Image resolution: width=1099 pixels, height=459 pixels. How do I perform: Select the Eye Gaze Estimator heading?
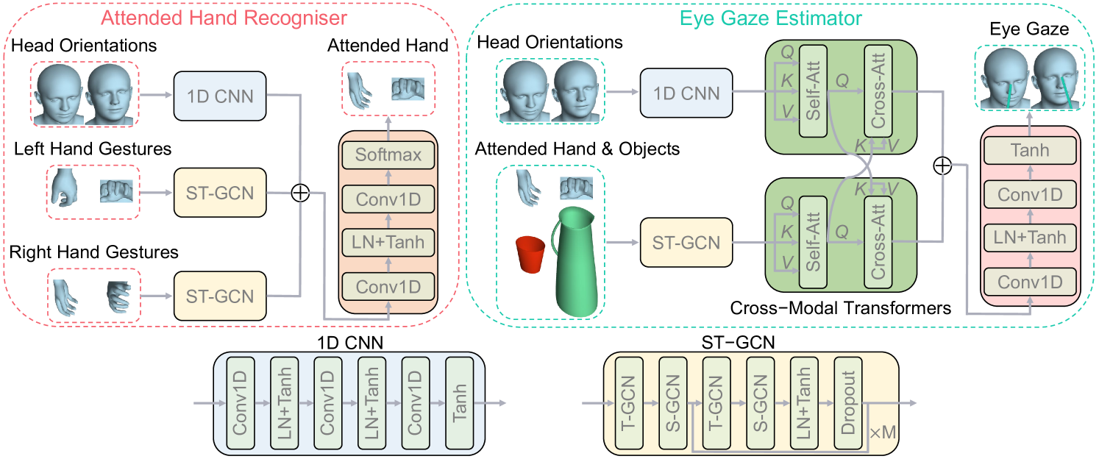(x=782, y=15)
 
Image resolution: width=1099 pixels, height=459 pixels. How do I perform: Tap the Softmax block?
(x=387, y=155)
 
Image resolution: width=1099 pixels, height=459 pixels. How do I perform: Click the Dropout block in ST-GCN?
(x=848, y=404)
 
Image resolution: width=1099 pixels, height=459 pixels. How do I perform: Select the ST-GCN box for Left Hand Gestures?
(x=220, y=193)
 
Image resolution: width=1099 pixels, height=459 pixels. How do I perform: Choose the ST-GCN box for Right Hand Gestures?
(x=220, y=296)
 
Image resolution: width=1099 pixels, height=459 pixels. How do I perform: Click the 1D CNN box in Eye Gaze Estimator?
(x=686, y=93)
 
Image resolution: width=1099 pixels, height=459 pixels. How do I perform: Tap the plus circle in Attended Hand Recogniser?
(x=300, y=193)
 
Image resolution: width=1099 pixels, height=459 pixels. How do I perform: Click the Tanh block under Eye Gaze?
(x=1029, y=150)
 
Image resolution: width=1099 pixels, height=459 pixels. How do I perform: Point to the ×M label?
(x=883, y=433)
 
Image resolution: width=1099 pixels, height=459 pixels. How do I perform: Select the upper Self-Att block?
(x=814, y=91)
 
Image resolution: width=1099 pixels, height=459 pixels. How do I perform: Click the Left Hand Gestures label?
(x=93, y=149)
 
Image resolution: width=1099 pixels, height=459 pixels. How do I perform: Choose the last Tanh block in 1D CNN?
(x=460, y=403)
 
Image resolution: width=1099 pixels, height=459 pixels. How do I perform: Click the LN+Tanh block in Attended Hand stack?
(x=387, y=241)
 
